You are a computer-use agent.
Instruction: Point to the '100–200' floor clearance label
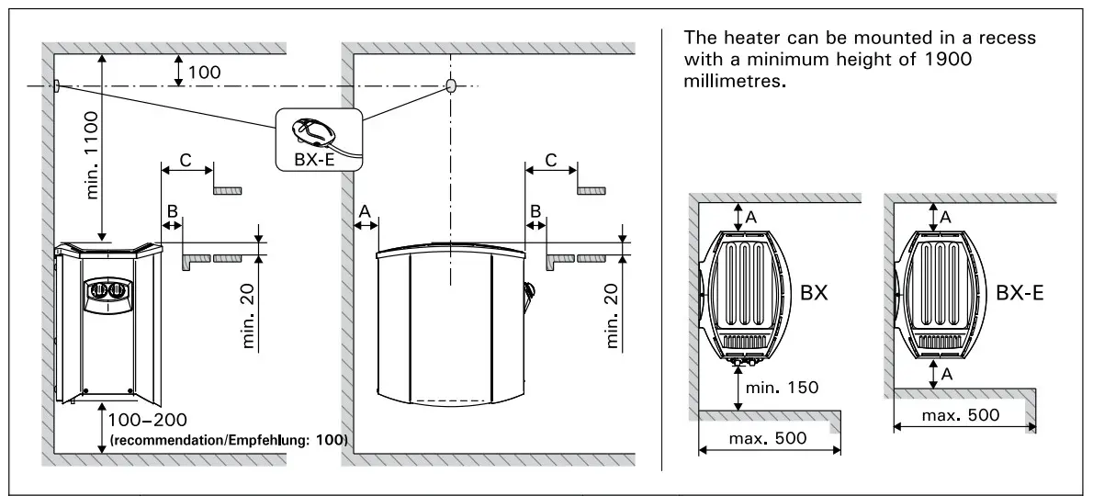(147, 421)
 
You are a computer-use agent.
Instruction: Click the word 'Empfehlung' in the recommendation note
(271, 440)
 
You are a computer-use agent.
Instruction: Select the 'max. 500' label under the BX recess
(768, 438)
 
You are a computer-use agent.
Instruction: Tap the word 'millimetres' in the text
(731, 80)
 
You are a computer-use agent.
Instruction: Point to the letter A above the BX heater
(751, 217)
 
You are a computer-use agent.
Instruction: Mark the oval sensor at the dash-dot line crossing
(451, 85)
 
